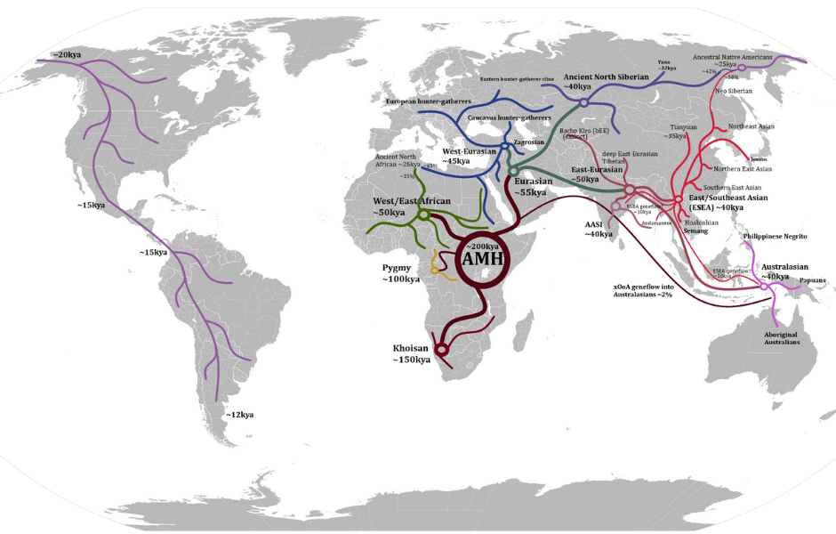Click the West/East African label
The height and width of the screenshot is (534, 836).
point(406,207)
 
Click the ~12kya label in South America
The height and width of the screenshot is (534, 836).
point(239,415)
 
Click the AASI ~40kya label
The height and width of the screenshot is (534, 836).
point(599,230)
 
